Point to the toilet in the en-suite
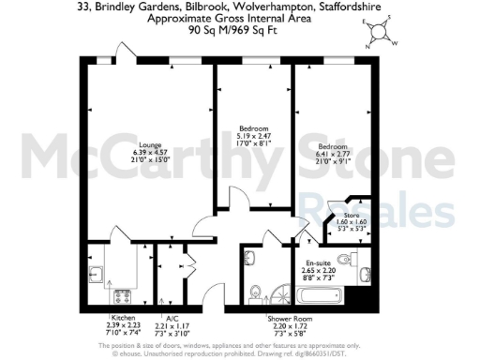tap(362, 261)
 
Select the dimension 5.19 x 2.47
tap(254, 137)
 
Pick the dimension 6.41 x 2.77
tap(334, 156)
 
